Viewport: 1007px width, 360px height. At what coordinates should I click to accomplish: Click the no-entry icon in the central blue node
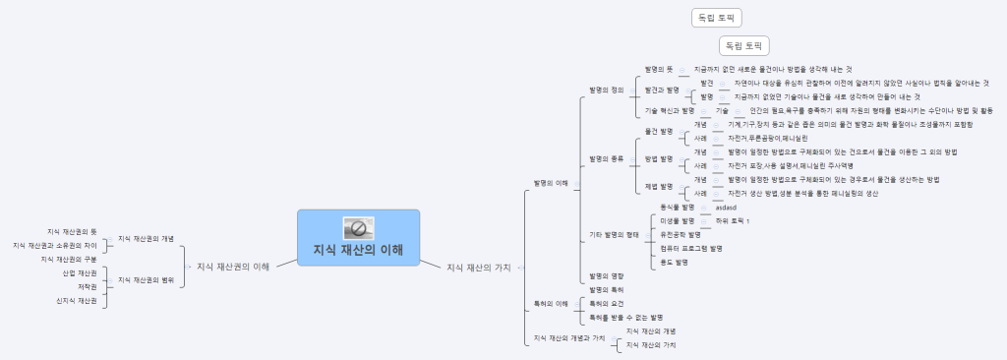pos(358,228)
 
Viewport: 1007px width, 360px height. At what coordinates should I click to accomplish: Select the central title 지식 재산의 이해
pos(358,249)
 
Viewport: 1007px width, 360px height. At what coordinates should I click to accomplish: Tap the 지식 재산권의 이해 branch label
pos(234,266)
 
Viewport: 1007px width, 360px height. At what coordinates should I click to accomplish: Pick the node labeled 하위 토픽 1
pos(733,221)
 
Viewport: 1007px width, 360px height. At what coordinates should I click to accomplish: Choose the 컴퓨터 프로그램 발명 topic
pos(684,249)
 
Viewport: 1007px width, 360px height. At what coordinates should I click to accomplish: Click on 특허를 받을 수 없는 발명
pos(625,318)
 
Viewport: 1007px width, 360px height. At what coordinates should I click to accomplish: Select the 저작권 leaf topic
pos(87,286)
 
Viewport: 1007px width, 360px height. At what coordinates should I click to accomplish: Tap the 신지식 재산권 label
pos(77,300)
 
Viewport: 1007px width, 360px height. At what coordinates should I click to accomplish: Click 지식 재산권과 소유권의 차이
pos(55,245)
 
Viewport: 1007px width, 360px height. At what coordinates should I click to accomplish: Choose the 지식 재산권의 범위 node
pos(146,279)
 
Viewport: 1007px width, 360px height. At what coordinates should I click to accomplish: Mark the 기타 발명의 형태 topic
pos(614,235)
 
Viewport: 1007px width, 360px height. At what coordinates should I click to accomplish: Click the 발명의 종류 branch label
pos(606,158)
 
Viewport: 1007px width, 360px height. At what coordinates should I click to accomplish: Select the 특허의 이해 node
pos(550,303)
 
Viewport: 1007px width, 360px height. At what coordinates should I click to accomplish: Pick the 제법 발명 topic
pos(659,186)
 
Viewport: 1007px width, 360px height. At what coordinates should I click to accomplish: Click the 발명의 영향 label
pos(606,276)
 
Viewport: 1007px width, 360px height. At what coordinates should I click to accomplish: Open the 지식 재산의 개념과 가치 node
pos(568,338)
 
